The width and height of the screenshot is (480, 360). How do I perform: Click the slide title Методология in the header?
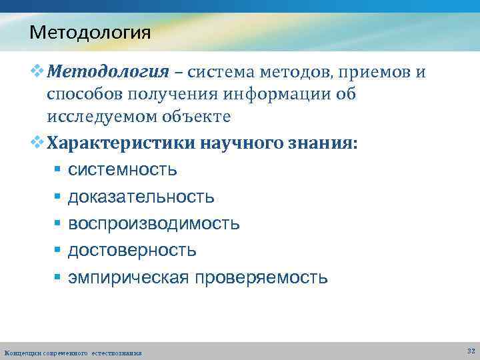point(90,31)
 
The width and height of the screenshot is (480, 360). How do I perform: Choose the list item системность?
point(123,169)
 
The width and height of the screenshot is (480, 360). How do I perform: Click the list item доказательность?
point(141,197)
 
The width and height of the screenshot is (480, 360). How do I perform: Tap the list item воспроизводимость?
point(153,223)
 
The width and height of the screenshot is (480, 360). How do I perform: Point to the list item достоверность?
point(132,250)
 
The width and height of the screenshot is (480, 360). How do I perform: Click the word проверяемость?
point(261,277)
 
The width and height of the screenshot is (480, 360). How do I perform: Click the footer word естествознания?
point(117,353)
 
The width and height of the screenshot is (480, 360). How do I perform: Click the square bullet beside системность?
point(57,170)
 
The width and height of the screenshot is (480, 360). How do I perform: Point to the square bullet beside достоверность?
point(57,251)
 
